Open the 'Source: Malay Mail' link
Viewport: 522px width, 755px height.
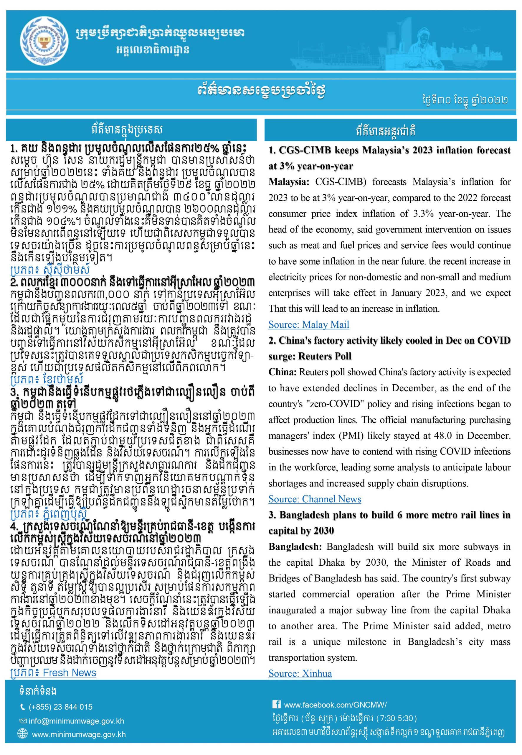[309, 324]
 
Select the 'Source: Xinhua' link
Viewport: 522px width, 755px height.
[300, 674]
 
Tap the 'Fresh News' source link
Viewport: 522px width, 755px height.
[69, 673]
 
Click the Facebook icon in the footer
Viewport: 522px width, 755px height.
[276, 704]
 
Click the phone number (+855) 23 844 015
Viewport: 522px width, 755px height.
[60, 707]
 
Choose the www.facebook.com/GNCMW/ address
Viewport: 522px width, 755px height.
[335, 705]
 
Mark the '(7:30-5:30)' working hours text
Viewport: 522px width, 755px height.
[396, 718]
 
